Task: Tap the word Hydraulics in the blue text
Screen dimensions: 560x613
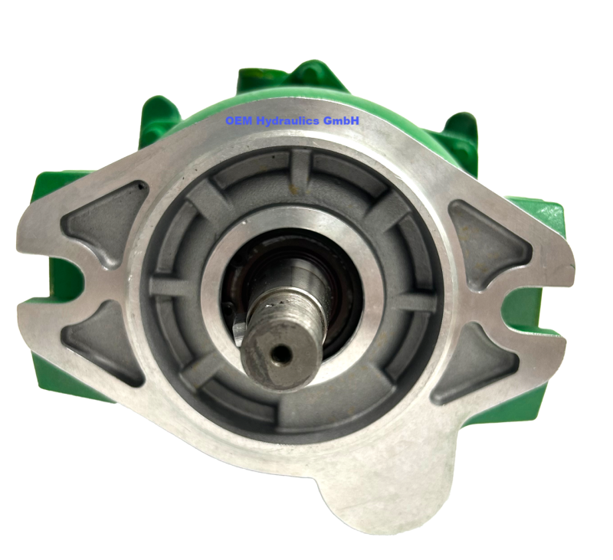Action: [290, 121]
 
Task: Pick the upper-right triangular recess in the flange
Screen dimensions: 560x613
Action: [486, 237]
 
